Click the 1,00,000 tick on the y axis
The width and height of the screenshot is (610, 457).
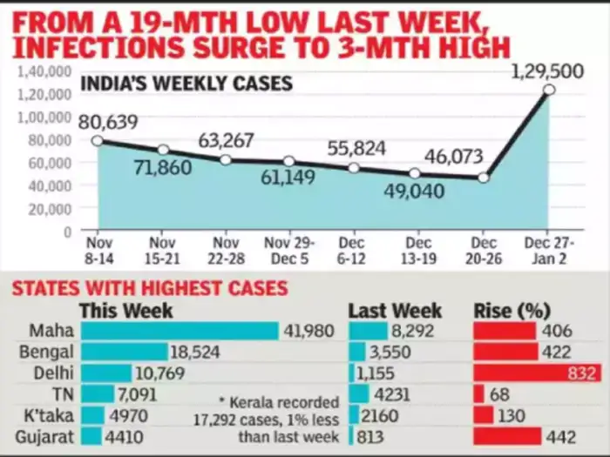tap(44, 117)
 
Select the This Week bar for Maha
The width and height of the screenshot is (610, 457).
tap(179, 331)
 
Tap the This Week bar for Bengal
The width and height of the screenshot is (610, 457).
tap(124, 352)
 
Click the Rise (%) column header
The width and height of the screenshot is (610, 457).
tap(513, 310)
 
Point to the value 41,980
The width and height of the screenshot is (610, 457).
tap(308, 331)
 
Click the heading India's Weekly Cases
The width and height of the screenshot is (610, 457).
tap(186, 84)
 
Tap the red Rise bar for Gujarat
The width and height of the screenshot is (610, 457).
tap(507, 436)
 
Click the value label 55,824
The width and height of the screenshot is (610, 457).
tap(356, 148)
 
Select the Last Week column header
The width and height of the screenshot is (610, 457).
tap(395, 310)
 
